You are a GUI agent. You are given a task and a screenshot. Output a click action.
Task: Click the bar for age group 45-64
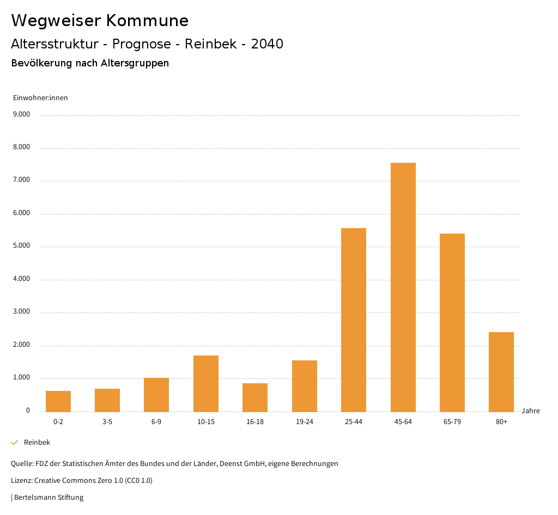403,287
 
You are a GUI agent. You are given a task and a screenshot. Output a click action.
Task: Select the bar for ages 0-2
58,401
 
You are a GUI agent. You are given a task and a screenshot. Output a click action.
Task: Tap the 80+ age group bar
501,372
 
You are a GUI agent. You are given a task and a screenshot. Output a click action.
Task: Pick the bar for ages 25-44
354,320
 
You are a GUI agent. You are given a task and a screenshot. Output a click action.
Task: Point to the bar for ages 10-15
206,383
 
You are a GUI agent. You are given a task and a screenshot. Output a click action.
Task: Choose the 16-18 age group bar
255,397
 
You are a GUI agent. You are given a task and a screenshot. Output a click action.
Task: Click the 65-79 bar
452,322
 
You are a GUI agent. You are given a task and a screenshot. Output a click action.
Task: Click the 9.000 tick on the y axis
22,115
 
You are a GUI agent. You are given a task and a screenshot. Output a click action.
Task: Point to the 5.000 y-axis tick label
22,246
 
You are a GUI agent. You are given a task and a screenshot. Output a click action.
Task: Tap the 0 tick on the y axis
28,411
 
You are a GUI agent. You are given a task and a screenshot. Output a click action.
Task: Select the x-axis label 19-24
304,422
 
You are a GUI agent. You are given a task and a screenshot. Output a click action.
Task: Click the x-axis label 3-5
107,422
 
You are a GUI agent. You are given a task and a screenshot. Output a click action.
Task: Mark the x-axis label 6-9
156,422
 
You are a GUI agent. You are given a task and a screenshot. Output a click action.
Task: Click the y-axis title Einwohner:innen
40,98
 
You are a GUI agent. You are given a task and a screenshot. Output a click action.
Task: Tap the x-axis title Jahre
530,411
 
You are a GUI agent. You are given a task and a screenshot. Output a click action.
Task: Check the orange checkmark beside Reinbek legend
15,443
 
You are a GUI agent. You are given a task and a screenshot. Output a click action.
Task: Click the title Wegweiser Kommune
100,21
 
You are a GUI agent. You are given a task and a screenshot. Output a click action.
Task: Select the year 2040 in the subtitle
267,44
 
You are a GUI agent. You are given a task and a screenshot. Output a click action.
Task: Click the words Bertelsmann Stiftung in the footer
48,498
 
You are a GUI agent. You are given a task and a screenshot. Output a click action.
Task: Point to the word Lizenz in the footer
21,481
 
